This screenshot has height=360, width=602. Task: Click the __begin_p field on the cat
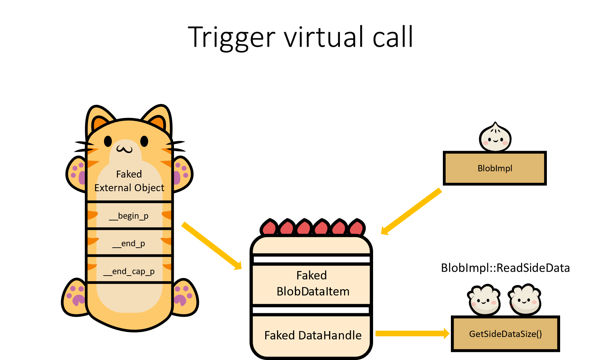click(129, 216)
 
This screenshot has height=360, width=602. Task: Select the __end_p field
click(129, 243)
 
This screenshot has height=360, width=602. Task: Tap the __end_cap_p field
click(129, 271)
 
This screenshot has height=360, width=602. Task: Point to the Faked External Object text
click(129, 181)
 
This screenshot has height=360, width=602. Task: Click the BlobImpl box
click(495, 168)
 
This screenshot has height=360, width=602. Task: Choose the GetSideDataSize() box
click(505, 334)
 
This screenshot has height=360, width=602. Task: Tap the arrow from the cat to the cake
click(211, 246)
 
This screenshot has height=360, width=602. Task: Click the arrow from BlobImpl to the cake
click(411, 211)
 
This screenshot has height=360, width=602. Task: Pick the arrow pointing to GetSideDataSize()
click(412, 333)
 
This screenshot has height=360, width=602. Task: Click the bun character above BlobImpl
click(495, 138)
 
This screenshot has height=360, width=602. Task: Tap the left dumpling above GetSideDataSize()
click(484, 300)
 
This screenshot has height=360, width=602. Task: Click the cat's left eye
click(108, 141)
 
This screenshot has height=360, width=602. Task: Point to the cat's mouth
click(125, 150)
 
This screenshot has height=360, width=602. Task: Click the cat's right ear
click(158, 119)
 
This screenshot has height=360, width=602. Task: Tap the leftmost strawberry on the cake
click(269, 228)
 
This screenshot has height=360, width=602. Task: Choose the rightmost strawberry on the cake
click(356, 228)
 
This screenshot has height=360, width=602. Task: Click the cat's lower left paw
click(75, 298)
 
